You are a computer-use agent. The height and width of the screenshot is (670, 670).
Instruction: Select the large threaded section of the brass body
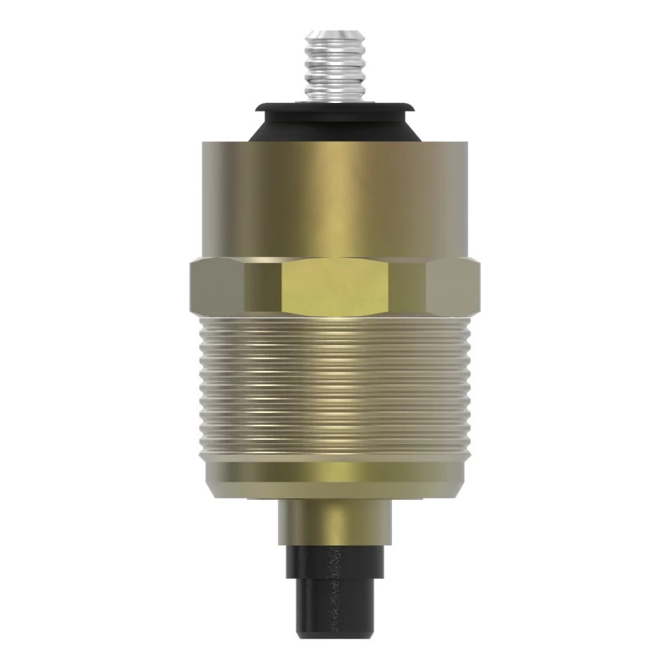click(x=335, y=385)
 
